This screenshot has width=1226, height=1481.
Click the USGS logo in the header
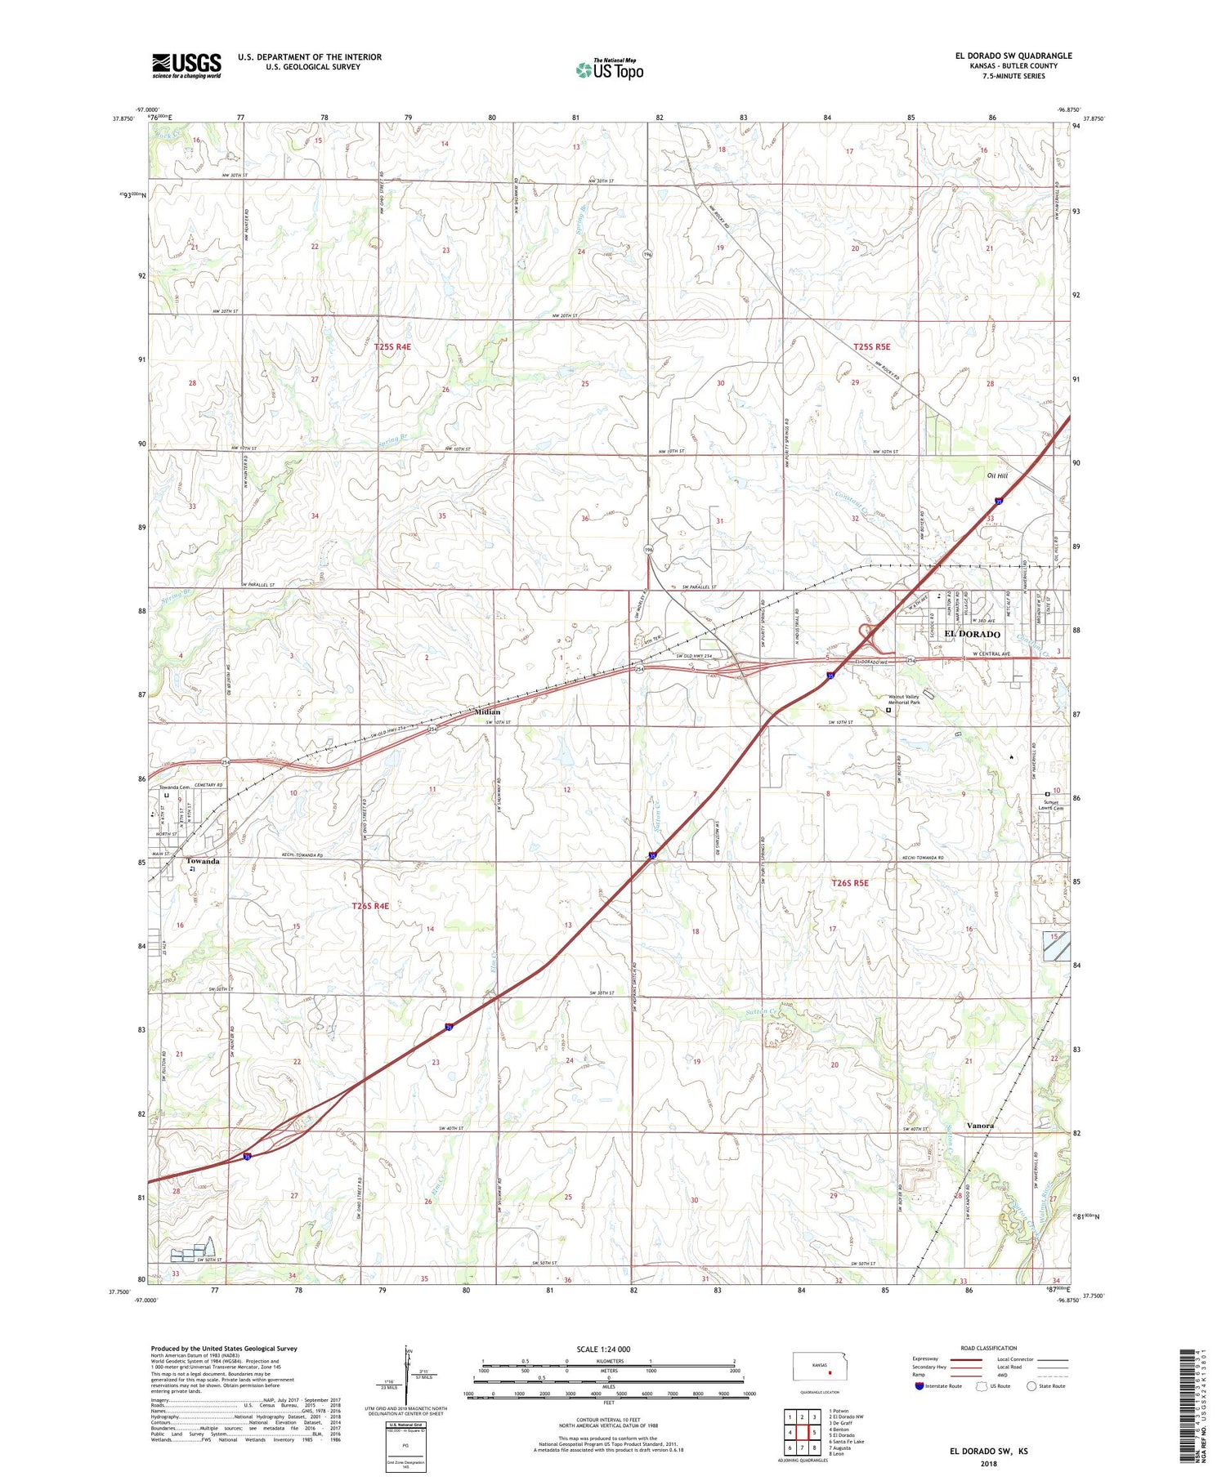pyautogui.click(x=186, y=65)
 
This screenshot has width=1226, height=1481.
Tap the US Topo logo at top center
pyautogui.click(x=610, y=69)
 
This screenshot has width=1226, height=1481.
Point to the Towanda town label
pyautogui.click(x=203, y=861)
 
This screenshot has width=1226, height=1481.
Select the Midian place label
pyautogui.click(x=487, y=712)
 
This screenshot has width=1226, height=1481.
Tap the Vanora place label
pyautogui.click(x=980, y=1125)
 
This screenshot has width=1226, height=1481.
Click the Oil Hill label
pyautogui.click(x=997, y=475)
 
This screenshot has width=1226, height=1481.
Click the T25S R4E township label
pyautogui.click(x=392, y=346)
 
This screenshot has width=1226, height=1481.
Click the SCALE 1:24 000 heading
pyautogui.click(x=607, y=1349)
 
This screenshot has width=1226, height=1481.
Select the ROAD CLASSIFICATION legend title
pyautogui.click(x=989, y=1348)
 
